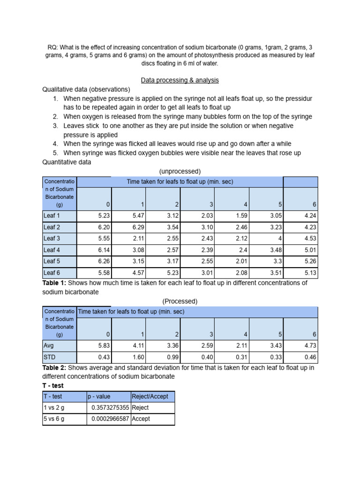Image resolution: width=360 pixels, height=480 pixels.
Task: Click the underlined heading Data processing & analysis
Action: [180, 80]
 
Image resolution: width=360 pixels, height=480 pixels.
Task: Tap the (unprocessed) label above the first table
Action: [180, 171]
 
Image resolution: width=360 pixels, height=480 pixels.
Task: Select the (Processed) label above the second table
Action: [180, 301]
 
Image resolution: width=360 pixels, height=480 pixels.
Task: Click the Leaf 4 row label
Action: [52, 250]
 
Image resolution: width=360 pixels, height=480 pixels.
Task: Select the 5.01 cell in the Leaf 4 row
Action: [310, 250]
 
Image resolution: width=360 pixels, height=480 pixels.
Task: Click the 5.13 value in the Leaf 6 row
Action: [310, 272]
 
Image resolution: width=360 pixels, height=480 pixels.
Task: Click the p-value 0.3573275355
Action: [111, 407]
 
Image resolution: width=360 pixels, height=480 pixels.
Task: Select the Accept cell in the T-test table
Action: [141, 419]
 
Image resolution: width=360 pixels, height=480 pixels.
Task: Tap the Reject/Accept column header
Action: [150, 396]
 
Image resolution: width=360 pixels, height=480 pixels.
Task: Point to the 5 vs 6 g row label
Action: [54, 419]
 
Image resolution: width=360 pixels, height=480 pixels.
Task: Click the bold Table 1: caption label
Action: [55, 283]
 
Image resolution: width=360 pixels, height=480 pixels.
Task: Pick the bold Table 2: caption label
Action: [55, 367]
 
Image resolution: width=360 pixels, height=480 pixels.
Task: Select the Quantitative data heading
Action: [67, 162]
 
